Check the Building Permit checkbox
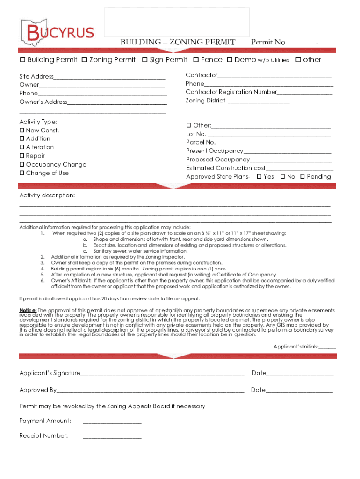click(22, 60)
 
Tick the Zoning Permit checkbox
click(84, 60)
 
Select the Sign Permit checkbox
click(145, 60)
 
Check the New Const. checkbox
click(22, 131)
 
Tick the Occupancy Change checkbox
click(22, 165)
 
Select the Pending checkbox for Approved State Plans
click(302, 177)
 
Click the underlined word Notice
click(28, 310)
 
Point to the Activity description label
click(47, 195)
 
